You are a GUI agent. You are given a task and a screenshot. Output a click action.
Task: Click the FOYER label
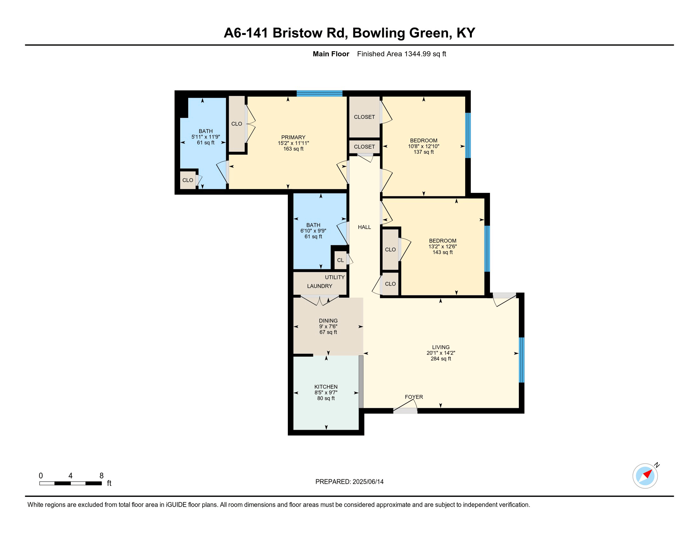[414, 397]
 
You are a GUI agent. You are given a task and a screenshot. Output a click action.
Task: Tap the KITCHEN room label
[326, 387]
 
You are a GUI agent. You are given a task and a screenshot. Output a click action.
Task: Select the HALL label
[364, 227]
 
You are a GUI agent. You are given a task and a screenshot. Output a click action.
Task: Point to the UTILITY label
[335, 277]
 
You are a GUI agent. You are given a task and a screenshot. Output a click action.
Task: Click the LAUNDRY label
[319, 286]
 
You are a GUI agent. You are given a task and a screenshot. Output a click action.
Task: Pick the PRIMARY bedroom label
[293, 137]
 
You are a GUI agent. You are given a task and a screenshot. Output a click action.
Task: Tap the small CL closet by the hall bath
[340, 260]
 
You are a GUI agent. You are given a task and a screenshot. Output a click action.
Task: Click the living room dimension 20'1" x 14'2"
[441, 353]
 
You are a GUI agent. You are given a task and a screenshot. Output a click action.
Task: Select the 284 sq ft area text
[441, 359]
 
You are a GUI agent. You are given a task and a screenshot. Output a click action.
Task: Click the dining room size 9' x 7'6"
[328, 326]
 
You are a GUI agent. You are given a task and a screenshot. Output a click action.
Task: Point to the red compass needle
[648, 474]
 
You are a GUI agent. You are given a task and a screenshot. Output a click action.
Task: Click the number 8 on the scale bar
[101, 476]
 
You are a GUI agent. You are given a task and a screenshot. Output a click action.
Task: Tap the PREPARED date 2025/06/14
[368, 482]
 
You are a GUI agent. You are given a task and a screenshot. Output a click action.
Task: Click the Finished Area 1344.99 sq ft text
[401, 54]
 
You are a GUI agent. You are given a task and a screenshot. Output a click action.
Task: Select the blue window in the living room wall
[521, 360]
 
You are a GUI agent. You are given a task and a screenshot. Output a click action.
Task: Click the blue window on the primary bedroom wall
[319, 93]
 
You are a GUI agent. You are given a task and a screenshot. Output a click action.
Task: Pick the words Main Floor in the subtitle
[331, 54]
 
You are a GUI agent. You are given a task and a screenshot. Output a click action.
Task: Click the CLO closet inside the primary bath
[188, 180]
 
